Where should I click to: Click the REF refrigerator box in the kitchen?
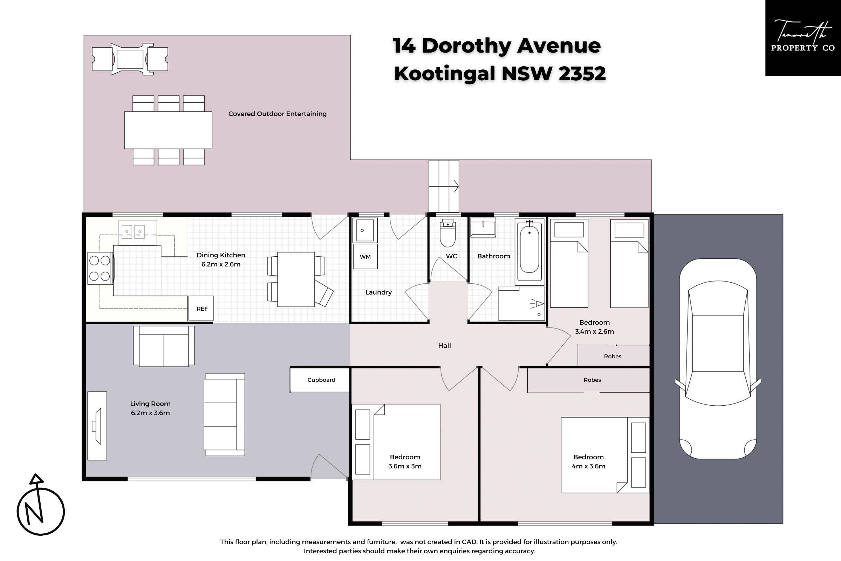(x=201, y=308)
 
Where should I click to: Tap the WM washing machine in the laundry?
(x=365, y=256)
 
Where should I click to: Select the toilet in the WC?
(x=448, y=233)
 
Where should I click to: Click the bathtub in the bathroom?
(x=529, y=251)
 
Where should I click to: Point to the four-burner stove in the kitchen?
(x=100, y=268)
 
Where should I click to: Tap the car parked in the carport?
(x=718, y=358)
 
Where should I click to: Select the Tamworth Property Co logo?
(x=803, y=38)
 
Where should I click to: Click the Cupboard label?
(x=321, y=380)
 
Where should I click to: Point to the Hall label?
(x=444, y=345)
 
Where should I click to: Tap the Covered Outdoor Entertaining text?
(x=278, y=114)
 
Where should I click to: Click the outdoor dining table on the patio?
(x=168, y=130)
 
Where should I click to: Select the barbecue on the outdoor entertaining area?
(x=130, y=59)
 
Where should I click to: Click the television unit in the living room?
(x=97, y=426)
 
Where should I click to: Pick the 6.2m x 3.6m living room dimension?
(x=150, y=413)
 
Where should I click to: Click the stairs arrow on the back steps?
(x=444, y=186)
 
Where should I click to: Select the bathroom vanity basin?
(x=483, y=227)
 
